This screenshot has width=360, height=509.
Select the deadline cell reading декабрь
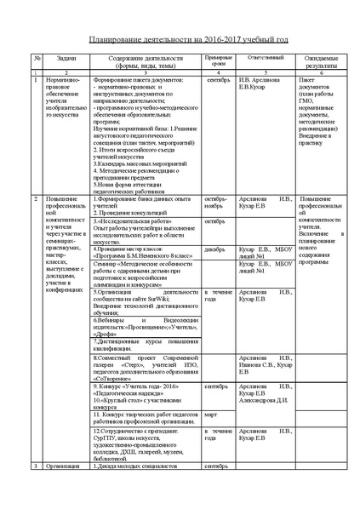click(214, 249)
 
